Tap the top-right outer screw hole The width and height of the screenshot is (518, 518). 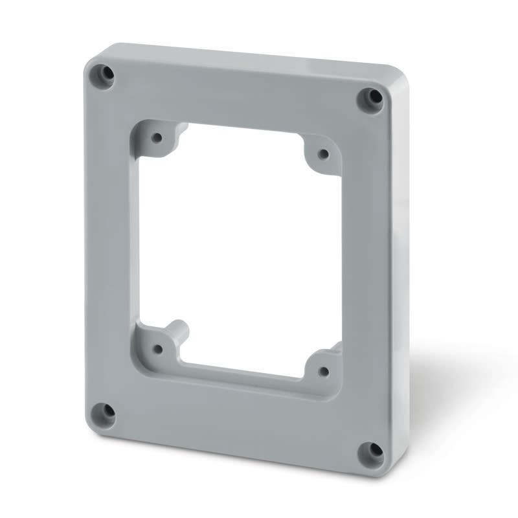pyautogui.click(x=371, y=98)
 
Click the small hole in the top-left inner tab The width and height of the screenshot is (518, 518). pyautogui.click(x=156, y=137)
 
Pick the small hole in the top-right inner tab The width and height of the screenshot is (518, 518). pyautogui.click(x=323, y=153)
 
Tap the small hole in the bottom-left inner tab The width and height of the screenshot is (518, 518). pyautogui.click(x=157, y=349)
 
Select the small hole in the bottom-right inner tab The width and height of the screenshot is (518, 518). pyautogui.click(x=324, y=371)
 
